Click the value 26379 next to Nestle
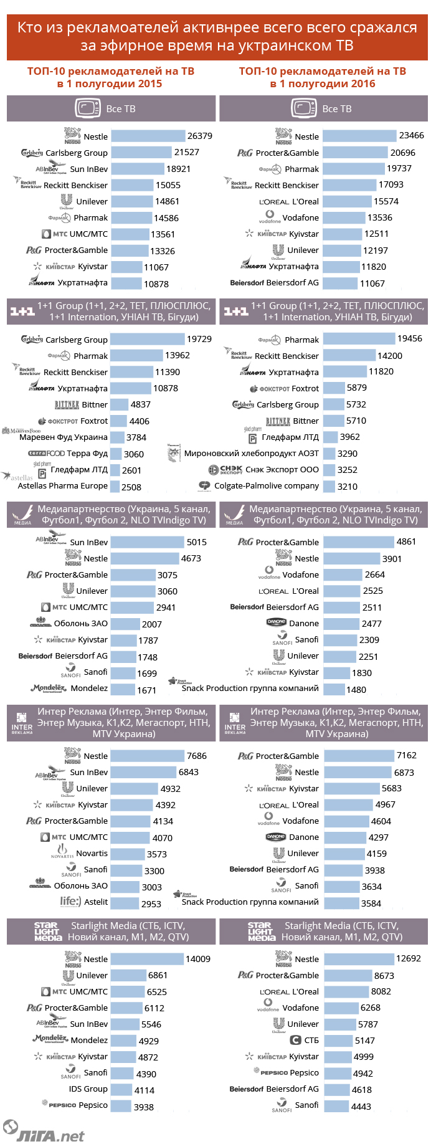[x=200, y=136]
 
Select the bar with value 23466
[x=360, y=136]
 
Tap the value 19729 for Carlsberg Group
[x=199, y=339]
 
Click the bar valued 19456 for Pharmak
[x=359, y=339]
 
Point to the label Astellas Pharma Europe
[x=62, y=486]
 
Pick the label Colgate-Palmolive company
[x=267, y=486]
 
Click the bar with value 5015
[x=148, y=542]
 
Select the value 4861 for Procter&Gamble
[x=406, y=541]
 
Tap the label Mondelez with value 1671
[x=89, y=689]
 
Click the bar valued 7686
[x=148, y=756]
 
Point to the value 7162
[x=406, y=755]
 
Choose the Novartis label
[x=92, y=854]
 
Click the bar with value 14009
[x=148, y=959]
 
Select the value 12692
[x=408, y=958]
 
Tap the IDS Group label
[x=88, y=1089]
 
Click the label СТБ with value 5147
[x=311, y=1041]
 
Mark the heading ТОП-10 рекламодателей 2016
[x=323, y=77]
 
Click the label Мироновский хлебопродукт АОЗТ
[x=251, y=454]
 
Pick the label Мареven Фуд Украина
[x=64, y=437]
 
